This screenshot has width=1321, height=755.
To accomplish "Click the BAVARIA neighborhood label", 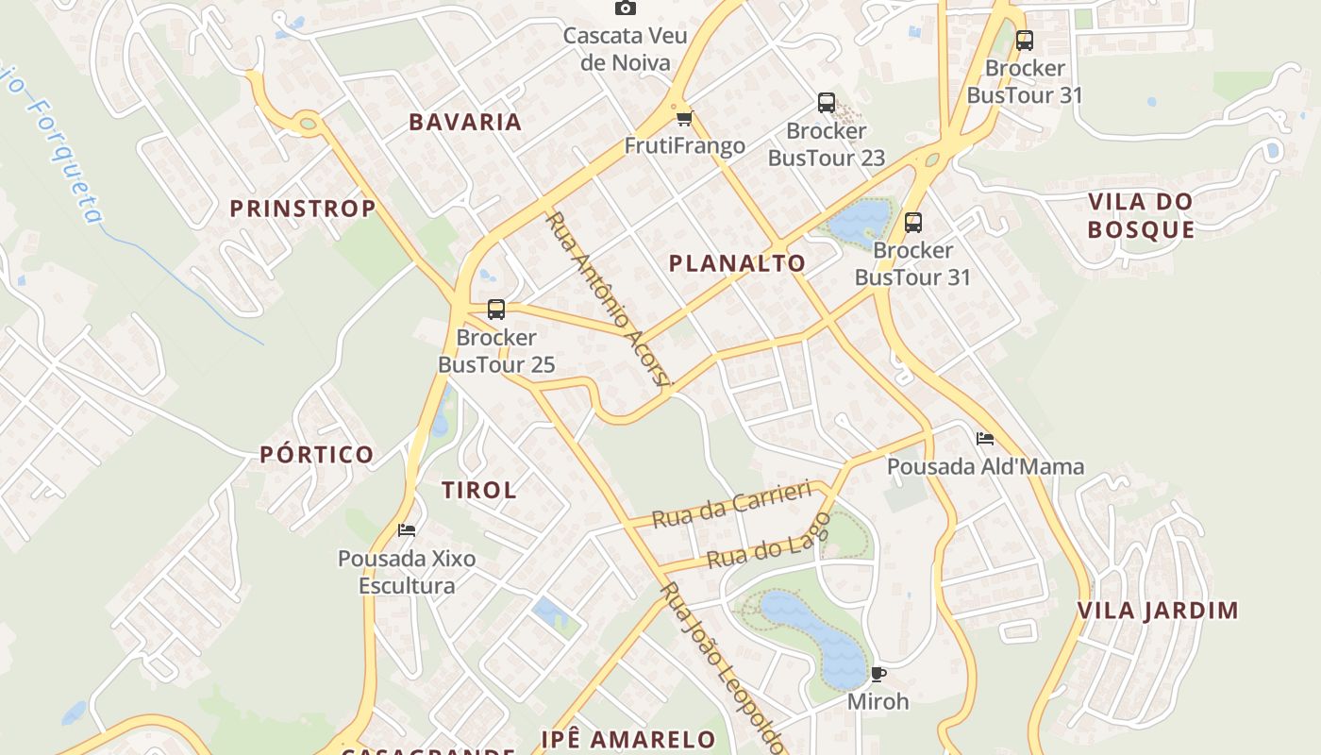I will (x=465, y=122).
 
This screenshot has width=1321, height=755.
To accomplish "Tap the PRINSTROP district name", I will (x=303, y=209).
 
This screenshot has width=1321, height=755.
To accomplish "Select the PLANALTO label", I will (x=737, y=263).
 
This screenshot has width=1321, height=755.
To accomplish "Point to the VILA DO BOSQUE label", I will (x=1141, y=215).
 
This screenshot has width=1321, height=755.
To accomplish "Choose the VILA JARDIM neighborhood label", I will (x=1158, y=611).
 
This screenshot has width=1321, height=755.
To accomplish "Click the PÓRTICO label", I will (x=317, y=455).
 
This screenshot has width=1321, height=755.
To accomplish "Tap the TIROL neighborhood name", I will (x=479, y=490).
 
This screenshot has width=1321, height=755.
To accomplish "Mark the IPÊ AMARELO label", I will (x=627, y=738).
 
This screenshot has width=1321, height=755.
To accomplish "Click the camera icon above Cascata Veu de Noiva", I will (x=625, y=8).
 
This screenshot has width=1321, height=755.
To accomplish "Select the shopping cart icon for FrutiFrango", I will (x=684, y=118).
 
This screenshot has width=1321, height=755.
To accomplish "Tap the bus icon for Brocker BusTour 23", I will (x=827, y=102).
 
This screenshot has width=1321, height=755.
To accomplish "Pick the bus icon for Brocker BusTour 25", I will (x=496, y=309).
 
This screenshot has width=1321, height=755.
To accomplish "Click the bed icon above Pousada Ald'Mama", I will (x=985, y=438).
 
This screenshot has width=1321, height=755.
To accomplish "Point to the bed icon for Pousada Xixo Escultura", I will (x=407, y=529).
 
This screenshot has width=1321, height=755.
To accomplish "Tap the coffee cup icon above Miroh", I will (x=878, y=674).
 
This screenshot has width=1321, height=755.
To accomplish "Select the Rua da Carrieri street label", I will (x=731, y=505).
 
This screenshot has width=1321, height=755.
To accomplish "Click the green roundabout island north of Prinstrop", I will (x=307, y=122).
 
